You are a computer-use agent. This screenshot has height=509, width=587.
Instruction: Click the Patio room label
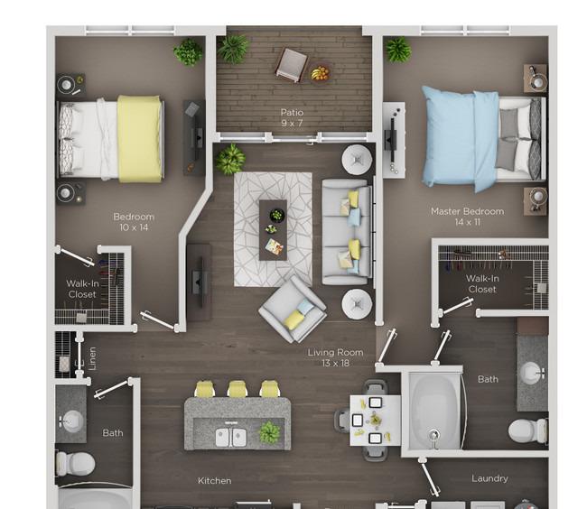[x=292, y=112]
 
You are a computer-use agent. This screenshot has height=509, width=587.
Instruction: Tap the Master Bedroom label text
[x=467, y=211]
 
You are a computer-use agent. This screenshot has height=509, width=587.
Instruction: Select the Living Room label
[x=335, y=352]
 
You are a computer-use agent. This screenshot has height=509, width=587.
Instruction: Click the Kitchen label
[x=215, y=481]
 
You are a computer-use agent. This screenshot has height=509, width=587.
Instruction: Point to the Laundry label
[x=489, y=478]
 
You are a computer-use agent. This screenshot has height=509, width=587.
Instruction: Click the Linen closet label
[x=92, y=358]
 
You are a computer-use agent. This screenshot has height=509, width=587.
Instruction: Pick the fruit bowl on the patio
[x=320, y=72]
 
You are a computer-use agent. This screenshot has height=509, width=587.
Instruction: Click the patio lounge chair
[x=292, y=65]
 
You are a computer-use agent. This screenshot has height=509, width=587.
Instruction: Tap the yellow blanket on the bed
[x=140, y=139]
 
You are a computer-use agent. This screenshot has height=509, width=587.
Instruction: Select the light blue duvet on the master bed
[x=460, y=138]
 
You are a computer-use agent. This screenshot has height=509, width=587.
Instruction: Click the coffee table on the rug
[x=273, y=230]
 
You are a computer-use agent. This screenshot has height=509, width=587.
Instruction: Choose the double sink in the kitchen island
[x=231, y=437]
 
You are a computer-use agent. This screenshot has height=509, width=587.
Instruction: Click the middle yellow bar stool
[x=238, y=389]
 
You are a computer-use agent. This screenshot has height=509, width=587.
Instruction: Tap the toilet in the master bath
[x=527, y=430]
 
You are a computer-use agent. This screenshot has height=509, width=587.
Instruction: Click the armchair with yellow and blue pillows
[x=293, y=310]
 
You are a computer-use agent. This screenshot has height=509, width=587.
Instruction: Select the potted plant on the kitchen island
[x=269, y=432]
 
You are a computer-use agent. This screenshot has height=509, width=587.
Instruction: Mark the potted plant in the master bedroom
[x=398, y=50]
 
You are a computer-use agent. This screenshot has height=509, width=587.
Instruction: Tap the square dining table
[x=375, y=421]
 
